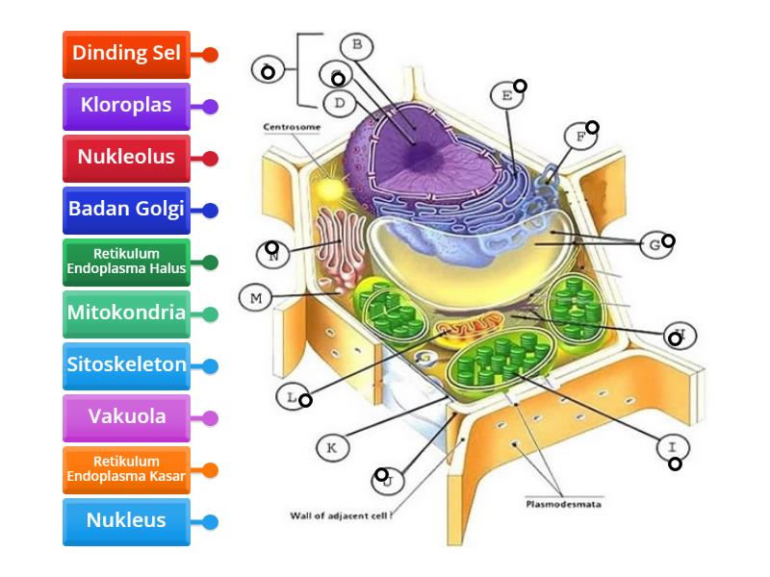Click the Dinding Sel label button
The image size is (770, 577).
[x=126, y=54]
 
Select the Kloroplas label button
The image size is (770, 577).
[x=126, y=106]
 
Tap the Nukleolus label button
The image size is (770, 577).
[x=126, y=158]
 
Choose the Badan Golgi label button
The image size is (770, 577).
[x=126, y=210]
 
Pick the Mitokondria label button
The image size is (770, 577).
[x=126, y=314]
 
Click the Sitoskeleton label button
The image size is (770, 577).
[x=126, y=365]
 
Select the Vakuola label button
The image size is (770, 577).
[x=126, y=417]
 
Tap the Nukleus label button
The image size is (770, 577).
[x=126, y=521]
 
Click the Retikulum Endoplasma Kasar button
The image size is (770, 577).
[x=126, y=469]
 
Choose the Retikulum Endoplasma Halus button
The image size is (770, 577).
[x=126, y=262]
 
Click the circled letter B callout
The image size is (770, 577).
[x=356, y=44]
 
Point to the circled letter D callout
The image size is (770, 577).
[x=339, y=102]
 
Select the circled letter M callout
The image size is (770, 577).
[x=256, y=299]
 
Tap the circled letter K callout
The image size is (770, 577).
[x=331, y=447]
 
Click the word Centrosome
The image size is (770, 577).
[x=292, y=127]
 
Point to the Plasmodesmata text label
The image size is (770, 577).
[x=563, y=503]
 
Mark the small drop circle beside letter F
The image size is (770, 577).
[x=593, y=127]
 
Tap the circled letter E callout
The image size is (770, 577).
[x=505, y=95]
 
